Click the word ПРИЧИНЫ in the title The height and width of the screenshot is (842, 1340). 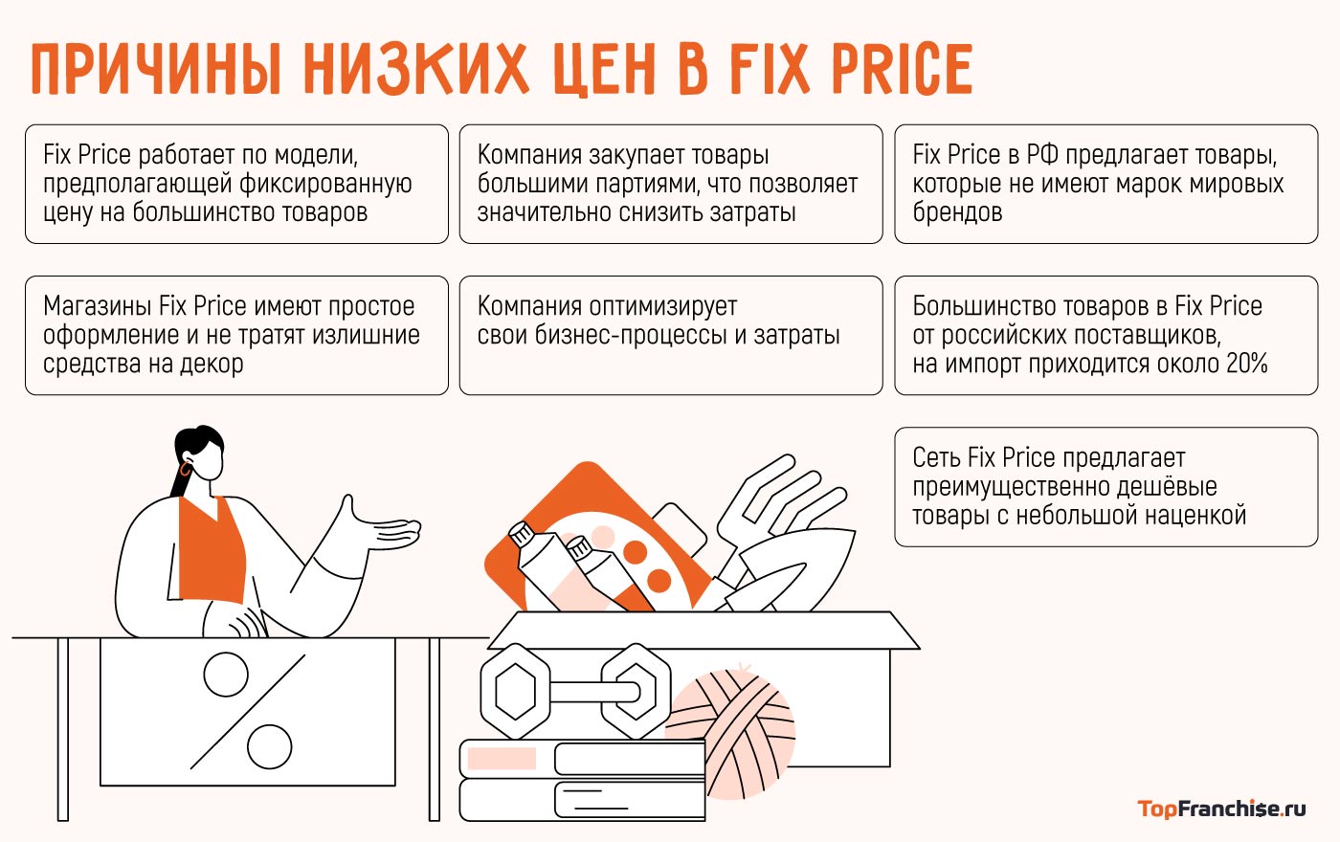pyautogui.click(x=156, y=69)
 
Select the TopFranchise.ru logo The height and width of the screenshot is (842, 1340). pyautogui.click(x=1221, y=809)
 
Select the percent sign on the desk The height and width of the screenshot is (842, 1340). pyautogui.click(x=248, y=710)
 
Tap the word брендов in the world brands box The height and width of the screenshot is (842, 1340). pyautogui.click(x=957, y=212)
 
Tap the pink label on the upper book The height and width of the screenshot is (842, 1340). pyautogui.click(x=502, y=759)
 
